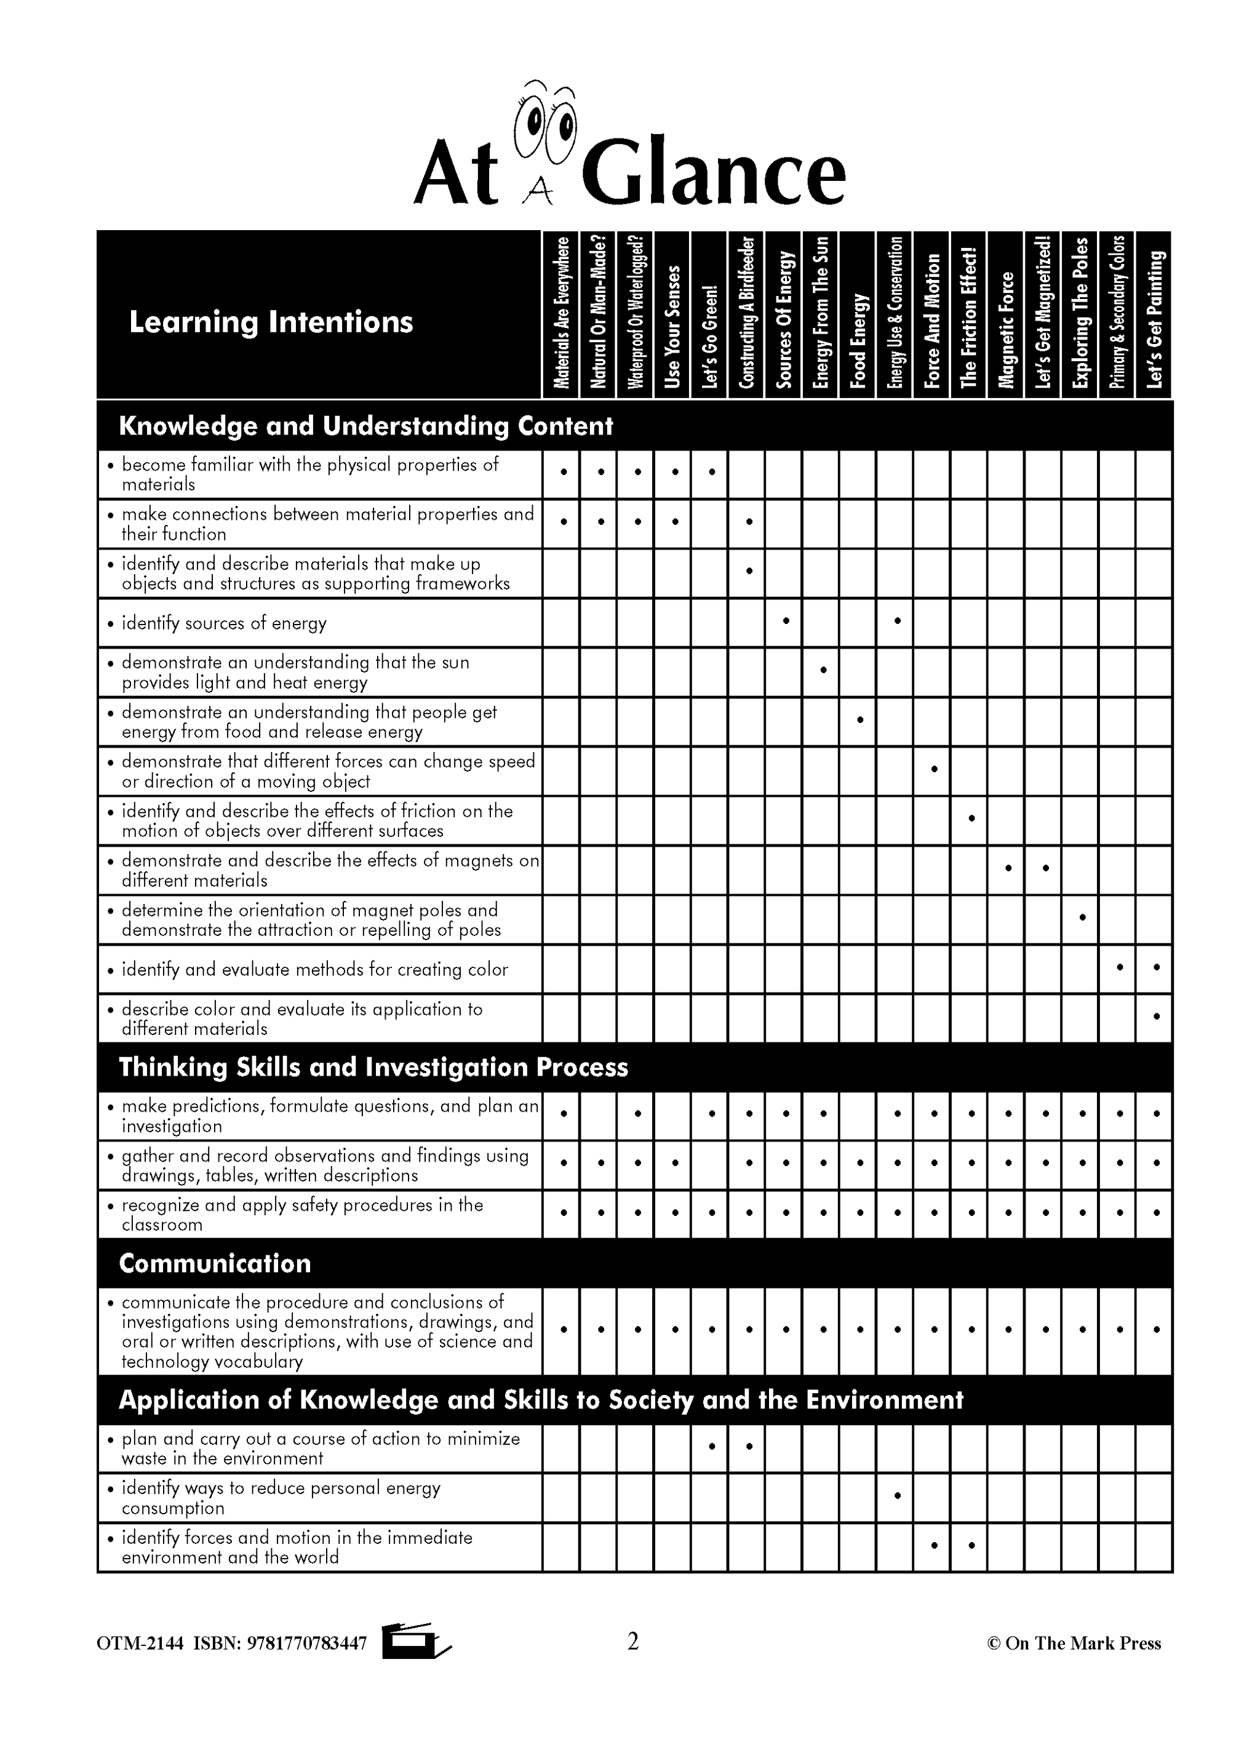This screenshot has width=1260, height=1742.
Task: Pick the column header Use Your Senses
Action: [672, 327]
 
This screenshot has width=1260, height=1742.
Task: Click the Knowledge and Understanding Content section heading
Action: [365, 426]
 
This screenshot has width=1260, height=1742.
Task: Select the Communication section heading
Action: [215, 1263]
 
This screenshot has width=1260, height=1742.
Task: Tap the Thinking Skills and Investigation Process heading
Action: [373, 1068]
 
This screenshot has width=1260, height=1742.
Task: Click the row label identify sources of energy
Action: [224, 623]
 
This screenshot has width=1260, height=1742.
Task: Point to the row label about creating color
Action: [314, 969]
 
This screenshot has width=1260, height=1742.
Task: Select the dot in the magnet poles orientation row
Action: [1082, 917]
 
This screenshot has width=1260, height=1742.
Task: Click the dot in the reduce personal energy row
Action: [897, 1495]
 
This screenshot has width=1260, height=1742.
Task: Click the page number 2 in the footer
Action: [632, 1641]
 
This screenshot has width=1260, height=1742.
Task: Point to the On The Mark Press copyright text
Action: [1074, 1644]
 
